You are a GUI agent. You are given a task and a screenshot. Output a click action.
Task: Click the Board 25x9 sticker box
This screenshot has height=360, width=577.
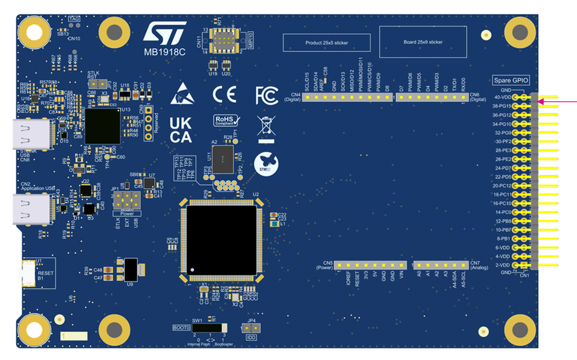(423, 42)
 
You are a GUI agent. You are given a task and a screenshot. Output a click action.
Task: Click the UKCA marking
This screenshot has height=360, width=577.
(181, 129)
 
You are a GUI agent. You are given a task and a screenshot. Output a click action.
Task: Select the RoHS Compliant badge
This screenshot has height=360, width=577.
(226, 121)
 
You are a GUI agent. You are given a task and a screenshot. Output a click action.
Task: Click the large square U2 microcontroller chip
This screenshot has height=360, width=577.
(221, 239)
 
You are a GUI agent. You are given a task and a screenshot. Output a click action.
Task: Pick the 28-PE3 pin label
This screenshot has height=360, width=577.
(501, 150)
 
